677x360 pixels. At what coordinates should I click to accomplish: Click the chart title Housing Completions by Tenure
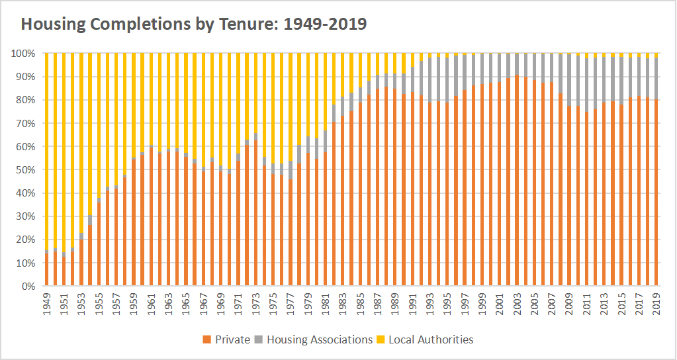[x=194, y=24]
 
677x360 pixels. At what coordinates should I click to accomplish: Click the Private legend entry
[x=226, y=339]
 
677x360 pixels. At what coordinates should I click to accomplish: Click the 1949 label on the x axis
[x=47, y=305]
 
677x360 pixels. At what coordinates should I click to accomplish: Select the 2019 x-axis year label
[x=656, y=305]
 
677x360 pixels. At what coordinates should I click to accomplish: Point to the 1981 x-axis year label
[x=325, y=305]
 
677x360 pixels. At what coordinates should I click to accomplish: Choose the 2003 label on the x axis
[x=517, y=305]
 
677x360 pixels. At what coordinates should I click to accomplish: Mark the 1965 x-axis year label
[x=186, y=305]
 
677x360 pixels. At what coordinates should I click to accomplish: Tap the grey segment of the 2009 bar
[x=569, y=80]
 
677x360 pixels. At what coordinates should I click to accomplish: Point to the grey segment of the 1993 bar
[x=429, y=80]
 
